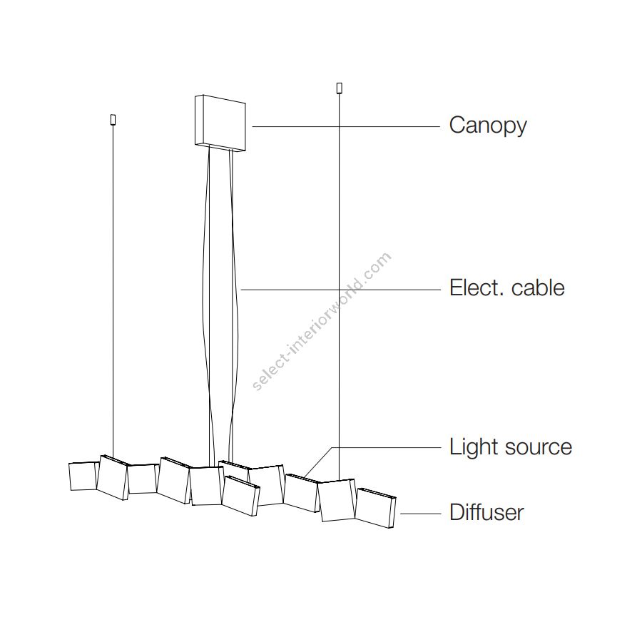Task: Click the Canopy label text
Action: (488, 126)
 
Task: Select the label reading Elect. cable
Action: (506, 288)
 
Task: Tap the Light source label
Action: (510, 447)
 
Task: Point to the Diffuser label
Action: (486, 512)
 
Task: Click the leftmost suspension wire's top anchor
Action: (113, 119)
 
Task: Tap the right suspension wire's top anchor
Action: (339, 88)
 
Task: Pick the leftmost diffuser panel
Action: (83, 477)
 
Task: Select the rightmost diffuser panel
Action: (375, 508)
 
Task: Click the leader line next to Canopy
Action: (346, 126)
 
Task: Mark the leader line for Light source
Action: (385, 447)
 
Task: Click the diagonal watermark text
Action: (322, 322)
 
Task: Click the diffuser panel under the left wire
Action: (113, 478)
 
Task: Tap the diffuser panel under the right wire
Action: (337, 500)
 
